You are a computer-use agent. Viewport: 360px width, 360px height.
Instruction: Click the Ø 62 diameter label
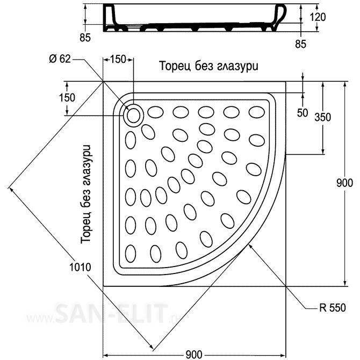point(60,59)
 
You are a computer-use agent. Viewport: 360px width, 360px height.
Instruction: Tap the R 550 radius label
point(333,308)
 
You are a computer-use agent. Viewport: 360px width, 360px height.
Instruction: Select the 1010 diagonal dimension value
point(80,267)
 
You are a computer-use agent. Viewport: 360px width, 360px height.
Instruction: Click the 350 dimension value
point(322,117)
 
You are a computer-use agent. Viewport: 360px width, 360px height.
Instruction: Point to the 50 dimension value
point(303,113)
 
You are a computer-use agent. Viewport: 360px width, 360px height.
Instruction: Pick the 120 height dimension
point(318,17)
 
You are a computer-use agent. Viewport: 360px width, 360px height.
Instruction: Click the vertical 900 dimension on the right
point(344,183)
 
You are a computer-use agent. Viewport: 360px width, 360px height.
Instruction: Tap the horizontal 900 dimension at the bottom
point(194,355)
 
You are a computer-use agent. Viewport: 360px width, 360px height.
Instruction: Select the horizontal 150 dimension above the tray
point(118,59)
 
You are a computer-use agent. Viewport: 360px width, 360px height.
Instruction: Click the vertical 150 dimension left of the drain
point(67,98)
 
